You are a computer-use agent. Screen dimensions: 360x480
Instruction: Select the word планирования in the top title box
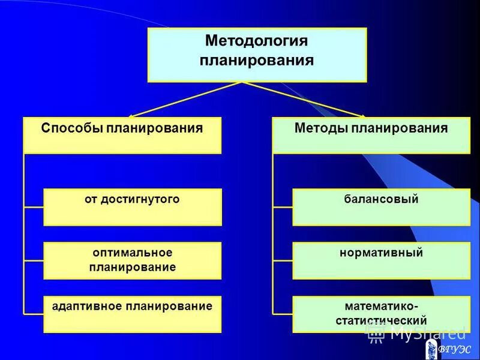[257, 61]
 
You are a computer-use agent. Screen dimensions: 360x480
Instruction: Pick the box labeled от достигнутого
[132, 207]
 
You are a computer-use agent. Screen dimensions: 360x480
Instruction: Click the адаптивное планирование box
[132, 314]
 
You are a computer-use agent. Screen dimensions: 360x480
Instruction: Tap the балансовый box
[381, 207]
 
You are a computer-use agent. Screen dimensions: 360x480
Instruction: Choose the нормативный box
[381, 260]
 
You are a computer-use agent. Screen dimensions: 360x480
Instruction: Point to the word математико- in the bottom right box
[381, 307]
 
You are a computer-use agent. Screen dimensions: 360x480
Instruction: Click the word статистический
[381, 321]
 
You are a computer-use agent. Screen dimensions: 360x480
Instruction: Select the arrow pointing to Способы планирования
[135, 114]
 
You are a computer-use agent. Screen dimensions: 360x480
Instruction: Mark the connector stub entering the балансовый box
[283, 208]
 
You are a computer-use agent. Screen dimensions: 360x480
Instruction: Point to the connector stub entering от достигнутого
[34, 208]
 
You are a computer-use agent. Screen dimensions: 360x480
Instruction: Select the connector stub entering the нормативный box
[283, 261]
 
